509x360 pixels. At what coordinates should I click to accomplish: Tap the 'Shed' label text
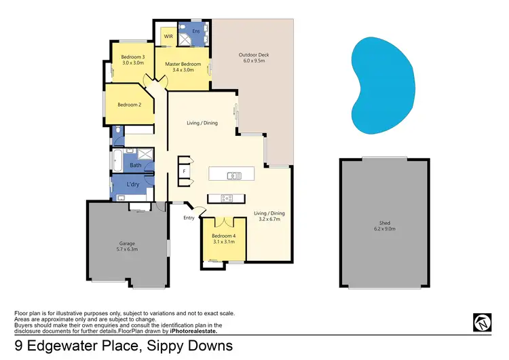tap(384, 223)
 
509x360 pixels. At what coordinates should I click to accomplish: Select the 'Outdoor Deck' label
tap(254, 55)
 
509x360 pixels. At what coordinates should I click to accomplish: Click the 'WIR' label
tap(168, 37)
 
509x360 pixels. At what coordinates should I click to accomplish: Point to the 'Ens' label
tap(196, 32)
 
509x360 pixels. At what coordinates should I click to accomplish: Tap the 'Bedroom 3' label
tap(133, 57)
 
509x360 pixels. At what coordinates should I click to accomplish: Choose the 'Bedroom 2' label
tap(129, 105)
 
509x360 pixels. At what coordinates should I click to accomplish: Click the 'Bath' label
tap(136, 165)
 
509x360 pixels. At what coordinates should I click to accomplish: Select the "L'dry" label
tap(133, 185)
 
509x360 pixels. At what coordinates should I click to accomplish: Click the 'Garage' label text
tap(124, 244)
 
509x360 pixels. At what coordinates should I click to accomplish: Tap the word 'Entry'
tap(189, 218)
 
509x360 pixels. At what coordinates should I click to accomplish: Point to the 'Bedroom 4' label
tap(223, 236)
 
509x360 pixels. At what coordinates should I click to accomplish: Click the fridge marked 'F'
tap(183, 170)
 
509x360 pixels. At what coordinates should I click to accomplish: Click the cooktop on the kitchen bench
tap(227, 198)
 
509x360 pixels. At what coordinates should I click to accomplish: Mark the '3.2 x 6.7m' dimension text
tap(269, 219)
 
